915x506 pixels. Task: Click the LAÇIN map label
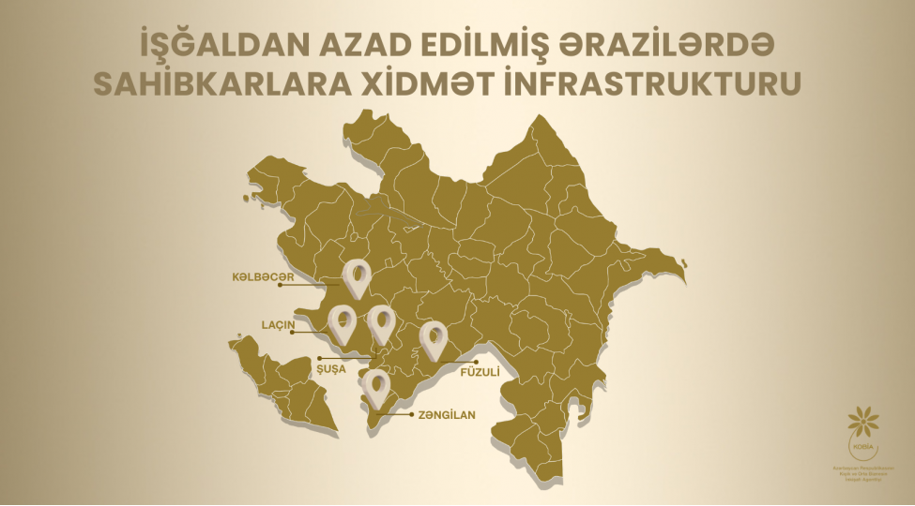pyautogui.click(x=279, y=326)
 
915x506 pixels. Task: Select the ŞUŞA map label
pyautogui.click(x=332, y=369)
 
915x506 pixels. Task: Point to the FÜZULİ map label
pyautogui.click(x=477, y=371)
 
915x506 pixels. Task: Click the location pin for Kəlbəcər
pyautogui.click(x=357, y=276)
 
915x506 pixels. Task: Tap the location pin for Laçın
pyautogui.click(x=342, y=322)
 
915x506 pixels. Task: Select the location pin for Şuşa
pyautogui.click(x=380, y=322)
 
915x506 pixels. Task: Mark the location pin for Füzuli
pyautogui.click(x=432, y=338)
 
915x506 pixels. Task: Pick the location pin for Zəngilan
pyautogui.click(x=376, y=387)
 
